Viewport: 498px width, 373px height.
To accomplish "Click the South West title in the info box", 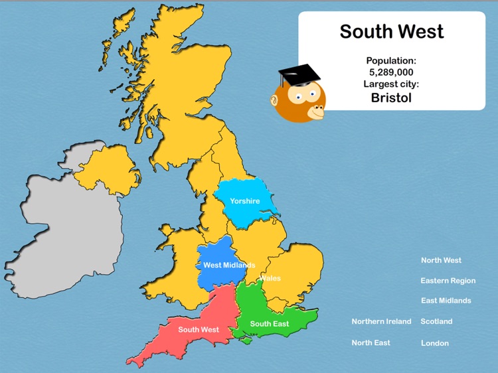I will [392, 31].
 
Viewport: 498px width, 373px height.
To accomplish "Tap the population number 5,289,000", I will [391, 72].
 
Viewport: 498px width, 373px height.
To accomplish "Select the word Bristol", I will [391, 98].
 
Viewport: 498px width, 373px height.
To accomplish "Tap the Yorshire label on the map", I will [245, 201].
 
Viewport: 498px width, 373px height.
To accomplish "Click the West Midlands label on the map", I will [229, 265].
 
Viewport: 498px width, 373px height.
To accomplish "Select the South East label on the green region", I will [270, 324].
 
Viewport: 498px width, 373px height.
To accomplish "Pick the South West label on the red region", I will [199, 330].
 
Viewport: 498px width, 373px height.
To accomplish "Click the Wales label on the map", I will [270, 279].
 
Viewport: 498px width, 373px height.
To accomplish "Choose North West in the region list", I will [441, 260].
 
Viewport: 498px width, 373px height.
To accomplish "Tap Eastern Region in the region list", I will [448, 281].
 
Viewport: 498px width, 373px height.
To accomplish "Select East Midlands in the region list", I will [446, 301].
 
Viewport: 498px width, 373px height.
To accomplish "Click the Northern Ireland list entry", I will [382, 322].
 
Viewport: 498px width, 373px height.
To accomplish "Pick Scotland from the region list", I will [437, 322].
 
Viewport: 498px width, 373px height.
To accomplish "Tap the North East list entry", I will [371, 343].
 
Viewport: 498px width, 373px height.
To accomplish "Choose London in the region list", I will [435, 344].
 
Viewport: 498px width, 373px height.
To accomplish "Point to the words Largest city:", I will [391, 84].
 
